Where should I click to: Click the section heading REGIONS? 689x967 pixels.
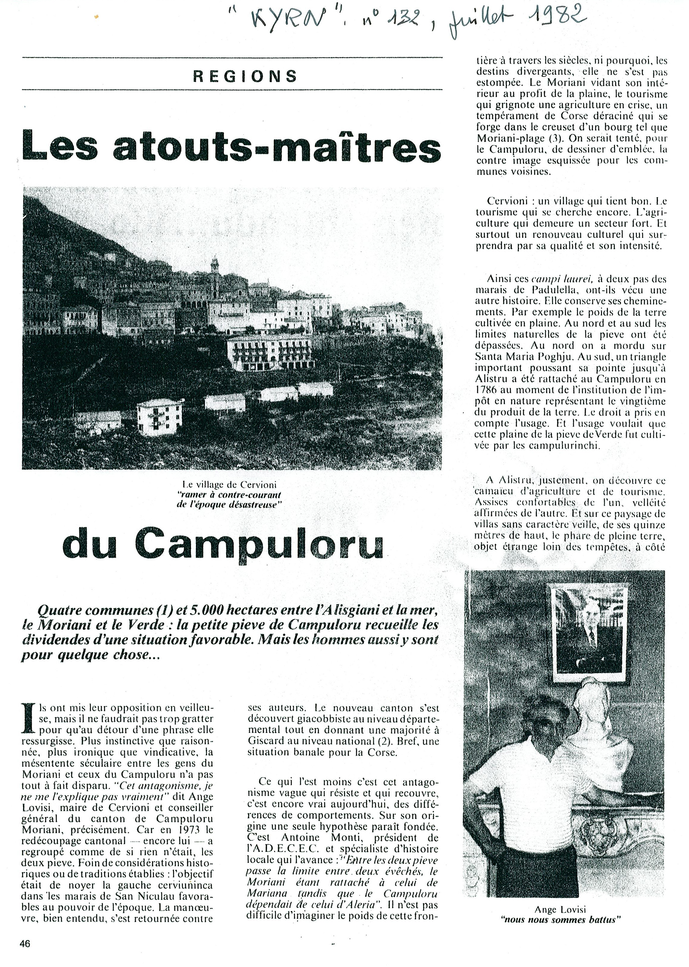point(245,76)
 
